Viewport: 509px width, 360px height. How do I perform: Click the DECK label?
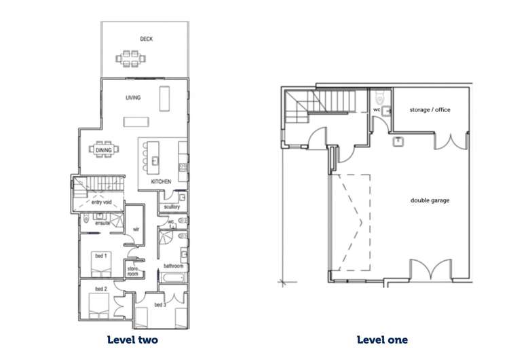tap(146, 39)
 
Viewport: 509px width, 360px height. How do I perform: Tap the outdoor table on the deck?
tap(131, 59)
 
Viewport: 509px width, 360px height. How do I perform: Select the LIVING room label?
tap(133, 98)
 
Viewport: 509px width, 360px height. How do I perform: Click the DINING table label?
tap(104, 150)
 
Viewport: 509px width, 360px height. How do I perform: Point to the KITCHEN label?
tap(161, 181)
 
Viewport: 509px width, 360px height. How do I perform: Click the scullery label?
tap(172, 206)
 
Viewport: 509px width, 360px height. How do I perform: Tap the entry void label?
tap(101, 202)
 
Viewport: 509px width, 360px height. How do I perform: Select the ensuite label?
tap(102, 223)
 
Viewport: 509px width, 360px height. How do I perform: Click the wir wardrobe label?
tap(136, 230)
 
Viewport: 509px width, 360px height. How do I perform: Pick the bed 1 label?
tap(101, 256)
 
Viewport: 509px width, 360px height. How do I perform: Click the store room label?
tap(133, 271)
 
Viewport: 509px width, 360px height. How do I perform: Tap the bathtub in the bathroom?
tap(173, 278)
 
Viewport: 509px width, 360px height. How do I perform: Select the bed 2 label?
tap(101, 289)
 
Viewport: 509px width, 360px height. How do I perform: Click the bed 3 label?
tap(160, 305)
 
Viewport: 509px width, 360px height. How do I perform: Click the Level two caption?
tap(132, 340)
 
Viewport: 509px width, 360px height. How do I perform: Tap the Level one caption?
tap(382, 340)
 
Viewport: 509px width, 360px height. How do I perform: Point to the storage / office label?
tap(430, 110)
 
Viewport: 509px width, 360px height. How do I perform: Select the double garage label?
tap(430, 200)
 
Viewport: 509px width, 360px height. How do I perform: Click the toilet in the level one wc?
tap(380, 96)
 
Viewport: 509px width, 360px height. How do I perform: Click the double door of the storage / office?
tap(451, 141)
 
